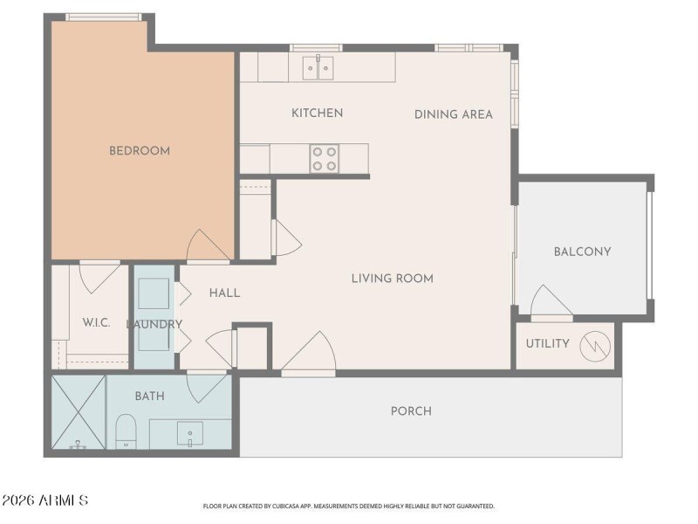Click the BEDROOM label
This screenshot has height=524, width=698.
139,150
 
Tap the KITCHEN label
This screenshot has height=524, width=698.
317,113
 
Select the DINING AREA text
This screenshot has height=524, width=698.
453,114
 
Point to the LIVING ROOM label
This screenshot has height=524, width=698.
392,279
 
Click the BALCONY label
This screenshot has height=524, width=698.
582,252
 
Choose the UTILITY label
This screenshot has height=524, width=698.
547,343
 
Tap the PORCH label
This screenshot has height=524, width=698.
411,410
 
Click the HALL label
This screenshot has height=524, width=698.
224,293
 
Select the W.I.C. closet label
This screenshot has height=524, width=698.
96,322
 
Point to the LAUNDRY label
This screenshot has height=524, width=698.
154,324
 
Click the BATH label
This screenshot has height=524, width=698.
149,396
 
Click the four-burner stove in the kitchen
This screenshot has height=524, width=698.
325,158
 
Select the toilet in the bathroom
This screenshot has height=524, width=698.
127,431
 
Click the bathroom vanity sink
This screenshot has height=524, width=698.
190,432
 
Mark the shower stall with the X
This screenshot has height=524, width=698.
79,412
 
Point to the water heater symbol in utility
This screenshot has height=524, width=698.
592,344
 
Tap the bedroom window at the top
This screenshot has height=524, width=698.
103,17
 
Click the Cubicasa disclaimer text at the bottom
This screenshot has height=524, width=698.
349,506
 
